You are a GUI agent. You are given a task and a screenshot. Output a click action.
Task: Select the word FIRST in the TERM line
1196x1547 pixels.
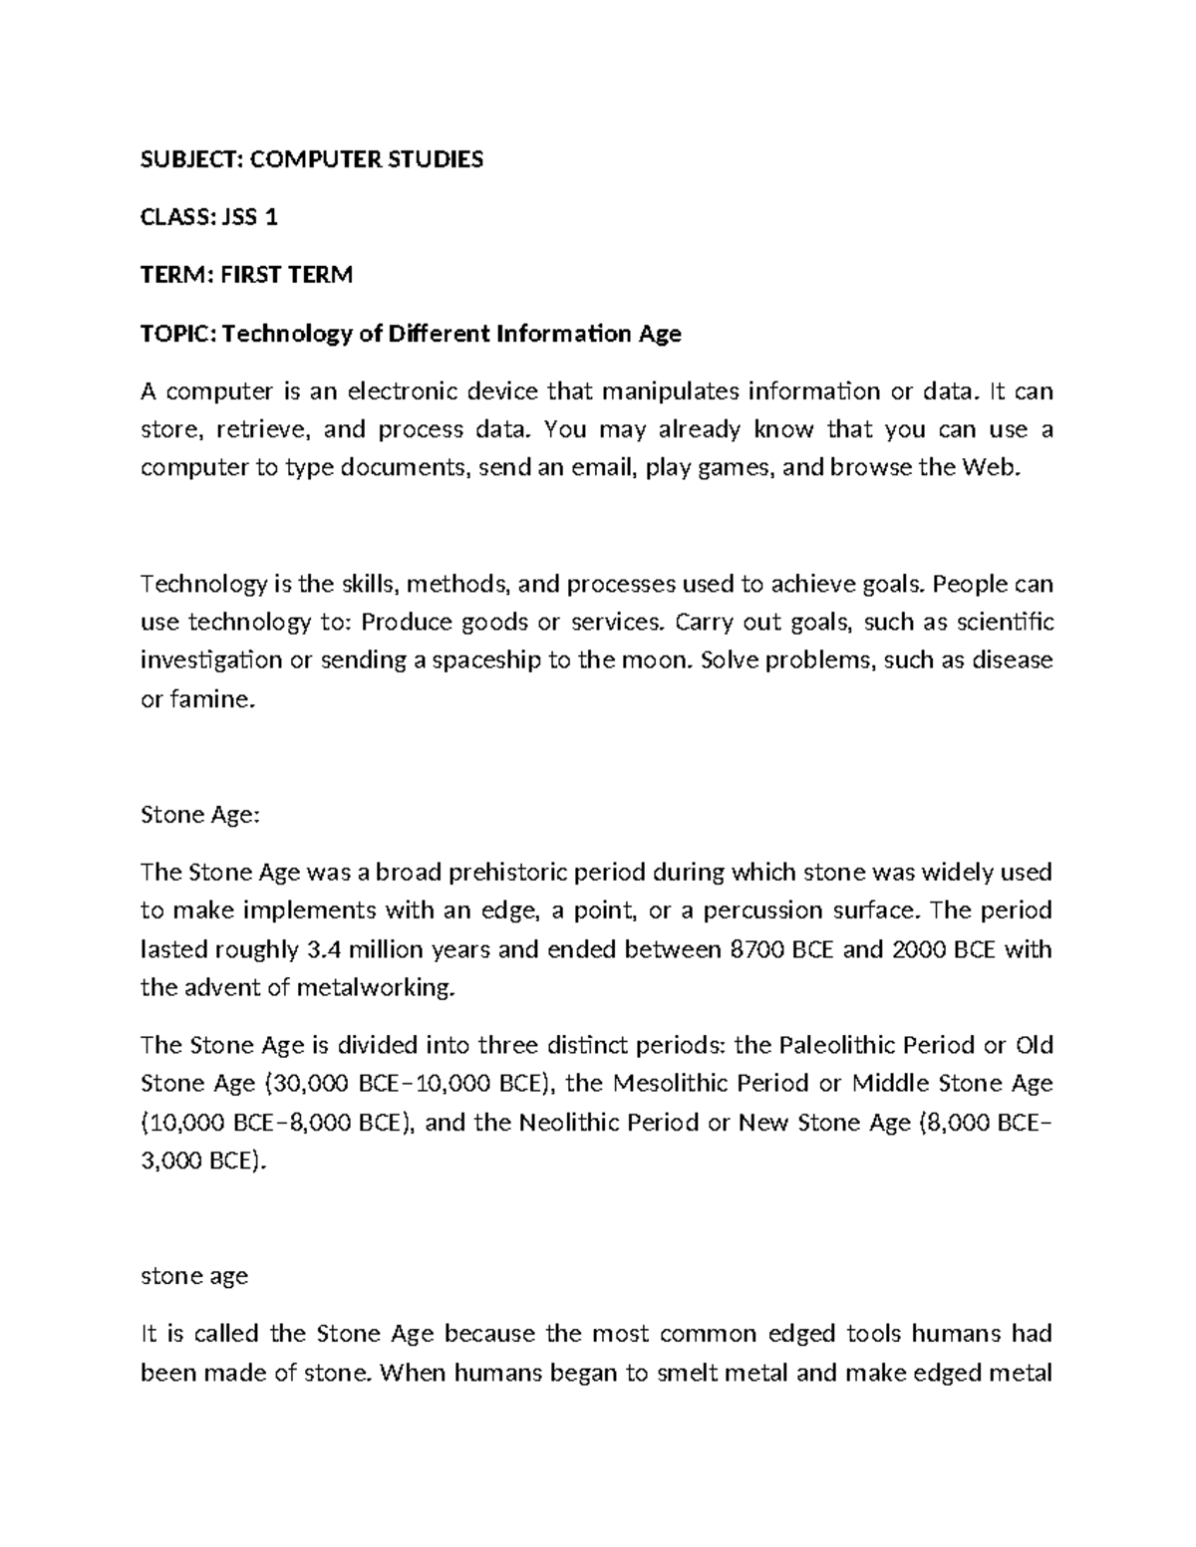tap(250, 275)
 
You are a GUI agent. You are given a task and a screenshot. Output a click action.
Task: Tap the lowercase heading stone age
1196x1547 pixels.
tap(194, 1276)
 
